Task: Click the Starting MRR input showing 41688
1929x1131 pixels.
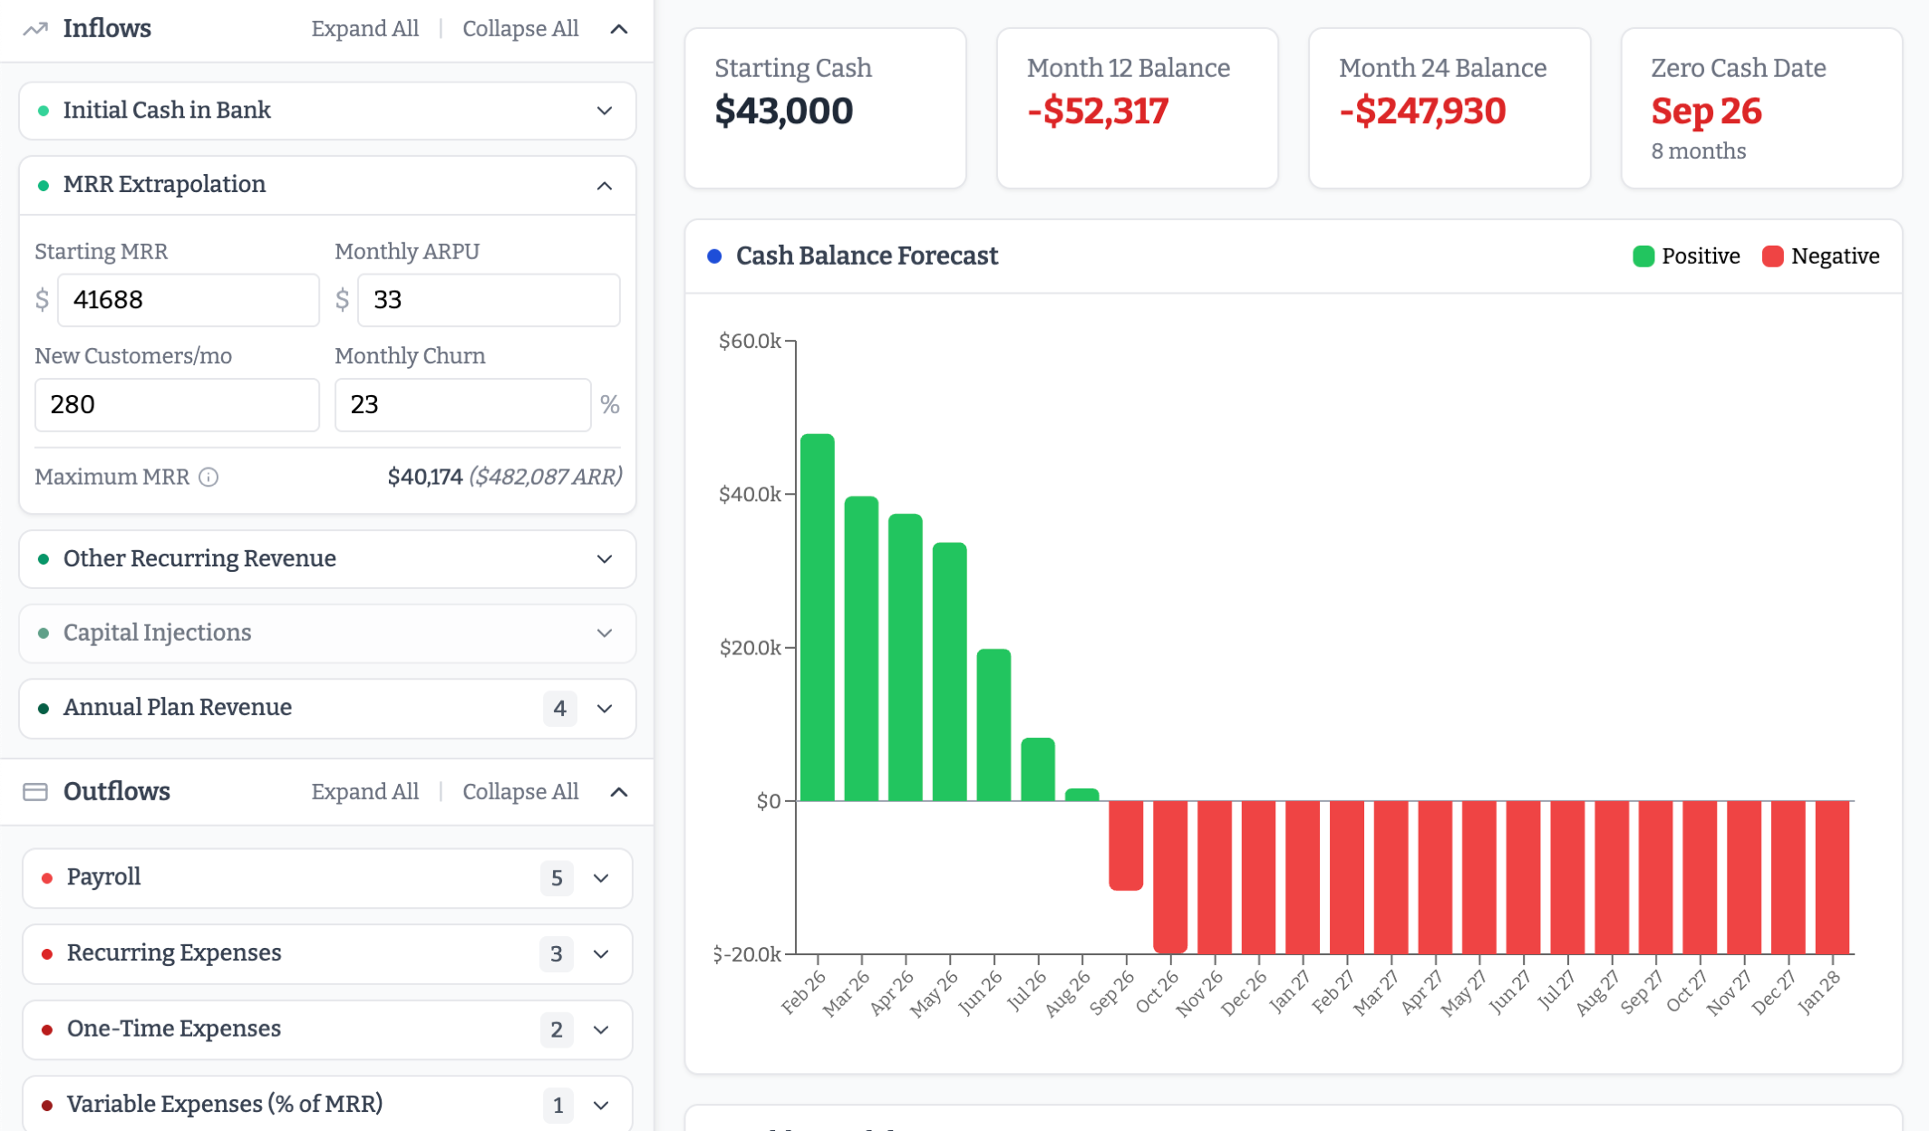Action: (188, 300)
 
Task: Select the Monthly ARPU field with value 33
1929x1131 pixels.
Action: (488, 300)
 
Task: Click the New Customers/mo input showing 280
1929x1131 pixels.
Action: (177, 405)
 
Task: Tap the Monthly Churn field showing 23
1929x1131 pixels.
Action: (462, 405)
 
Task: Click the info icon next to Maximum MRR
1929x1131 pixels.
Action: (208, 478)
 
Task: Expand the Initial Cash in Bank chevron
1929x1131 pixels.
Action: (605, 111)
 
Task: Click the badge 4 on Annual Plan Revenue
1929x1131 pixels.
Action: (559, 709)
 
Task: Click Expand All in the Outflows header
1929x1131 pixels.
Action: (364, 792)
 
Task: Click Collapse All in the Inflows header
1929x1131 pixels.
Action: (519, 29)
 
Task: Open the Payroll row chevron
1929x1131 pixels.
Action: (601, 878)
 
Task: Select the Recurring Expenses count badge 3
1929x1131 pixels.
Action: (556, 954)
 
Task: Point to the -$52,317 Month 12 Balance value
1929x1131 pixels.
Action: (1097, 111)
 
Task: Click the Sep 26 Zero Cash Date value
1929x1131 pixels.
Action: (1705, 111)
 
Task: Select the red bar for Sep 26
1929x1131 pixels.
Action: (1125, 845)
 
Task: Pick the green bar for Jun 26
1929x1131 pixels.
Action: (994, 725)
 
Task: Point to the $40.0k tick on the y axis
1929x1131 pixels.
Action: (749, 495)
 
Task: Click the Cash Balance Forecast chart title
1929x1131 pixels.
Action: (866, 256)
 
